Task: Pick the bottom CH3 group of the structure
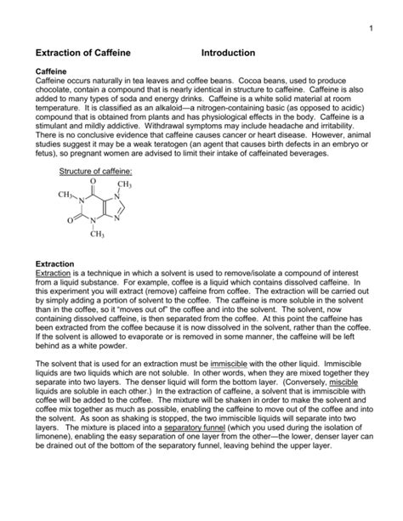pos(95,235)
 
